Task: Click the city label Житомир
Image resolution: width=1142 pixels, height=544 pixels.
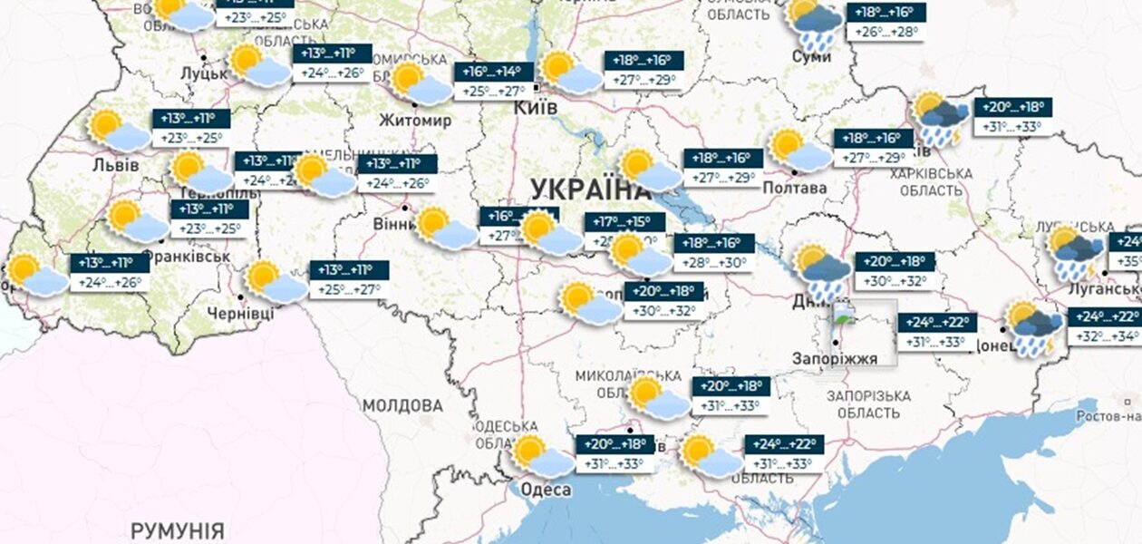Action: click(x=416, y=121)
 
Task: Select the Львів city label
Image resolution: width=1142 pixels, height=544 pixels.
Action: click(x=116, y=165)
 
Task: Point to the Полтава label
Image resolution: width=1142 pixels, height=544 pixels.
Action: click(x=795, y=188)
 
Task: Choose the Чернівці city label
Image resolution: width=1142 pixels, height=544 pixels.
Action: click(x=240, y=312)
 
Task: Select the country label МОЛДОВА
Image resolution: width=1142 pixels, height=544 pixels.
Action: click(x=402, y=405)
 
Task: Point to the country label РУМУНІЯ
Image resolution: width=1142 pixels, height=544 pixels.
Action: click(x=177, y=529)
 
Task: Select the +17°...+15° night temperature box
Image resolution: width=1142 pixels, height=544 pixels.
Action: click(x=624, y=222)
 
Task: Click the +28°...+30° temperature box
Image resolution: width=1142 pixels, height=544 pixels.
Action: click(x=714, y=263)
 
